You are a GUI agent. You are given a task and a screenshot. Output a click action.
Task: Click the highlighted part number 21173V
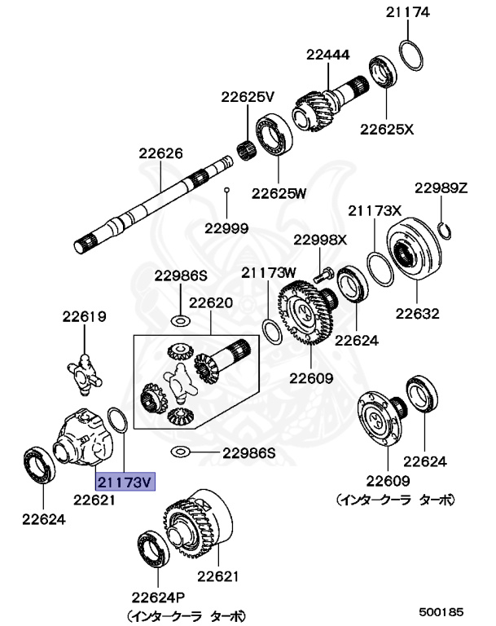125,482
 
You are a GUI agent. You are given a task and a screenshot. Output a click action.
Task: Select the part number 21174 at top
408,12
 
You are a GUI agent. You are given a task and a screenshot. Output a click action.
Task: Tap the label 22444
328,55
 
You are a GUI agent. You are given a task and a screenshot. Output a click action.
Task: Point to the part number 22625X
388,128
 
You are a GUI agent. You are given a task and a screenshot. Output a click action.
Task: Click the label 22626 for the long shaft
160,152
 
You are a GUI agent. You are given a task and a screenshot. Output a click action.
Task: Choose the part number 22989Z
441,188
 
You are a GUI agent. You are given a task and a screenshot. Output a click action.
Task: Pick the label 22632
418,312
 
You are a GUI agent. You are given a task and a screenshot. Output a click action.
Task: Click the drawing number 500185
441,611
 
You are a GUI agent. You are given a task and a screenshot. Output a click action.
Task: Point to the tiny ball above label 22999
227,191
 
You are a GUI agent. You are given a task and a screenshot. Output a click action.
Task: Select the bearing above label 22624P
151,545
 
